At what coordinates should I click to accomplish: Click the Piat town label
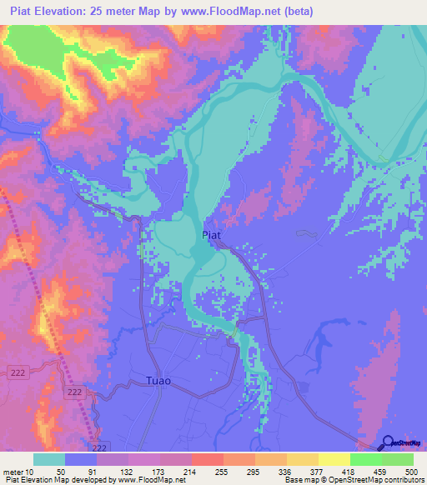[x=212, y=236]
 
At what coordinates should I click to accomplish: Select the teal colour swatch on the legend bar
[x=49, y=459]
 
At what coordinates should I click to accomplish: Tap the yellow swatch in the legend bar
[x=334, y=459]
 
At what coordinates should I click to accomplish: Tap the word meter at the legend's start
[x=15, y=471]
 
